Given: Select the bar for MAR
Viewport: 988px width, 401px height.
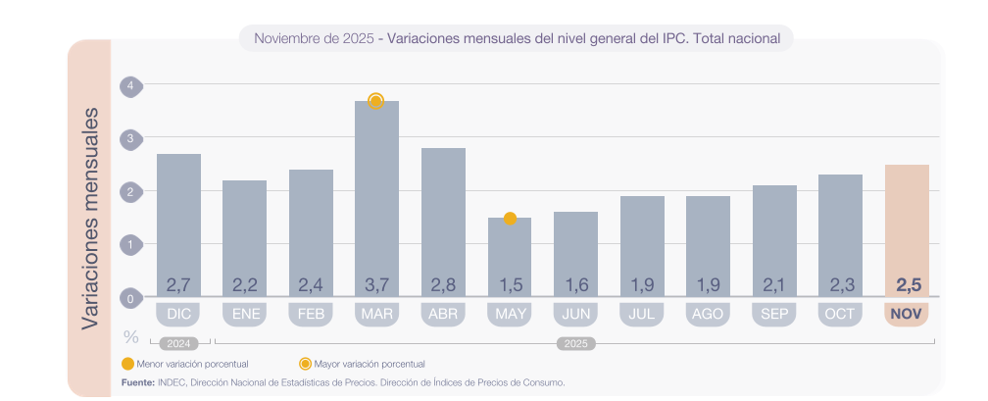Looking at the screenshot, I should click(376, 196).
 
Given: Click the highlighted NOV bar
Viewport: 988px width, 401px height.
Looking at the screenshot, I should click(907, 226).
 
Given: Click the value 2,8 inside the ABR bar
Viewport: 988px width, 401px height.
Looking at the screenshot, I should click(443, 285).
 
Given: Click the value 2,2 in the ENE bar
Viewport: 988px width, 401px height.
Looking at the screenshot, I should click(244, 285).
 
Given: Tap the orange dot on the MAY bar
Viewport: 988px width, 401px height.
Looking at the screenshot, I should click(510, 218).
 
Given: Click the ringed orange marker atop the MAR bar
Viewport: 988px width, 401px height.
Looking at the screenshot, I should click(375, 100).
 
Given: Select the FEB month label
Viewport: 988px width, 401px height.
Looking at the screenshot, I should click(311, 315).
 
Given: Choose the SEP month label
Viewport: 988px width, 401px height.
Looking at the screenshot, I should click(773, 315).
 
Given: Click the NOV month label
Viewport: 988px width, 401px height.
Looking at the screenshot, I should click(907, 315).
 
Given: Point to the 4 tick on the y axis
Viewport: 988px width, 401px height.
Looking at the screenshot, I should click(130, 86).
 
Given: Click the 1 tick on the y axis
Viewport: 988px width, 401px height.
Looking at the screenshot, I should click(130, 243).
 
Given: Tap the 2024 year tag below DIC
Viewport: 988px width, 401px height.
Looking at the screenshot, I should click(178, 344).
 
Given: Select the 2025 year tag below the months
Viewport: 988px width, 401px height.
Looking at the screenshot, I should click(574, 344).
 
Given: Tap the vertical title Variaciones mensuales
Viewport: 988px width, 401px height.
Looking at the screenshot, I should click(89, 218).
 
